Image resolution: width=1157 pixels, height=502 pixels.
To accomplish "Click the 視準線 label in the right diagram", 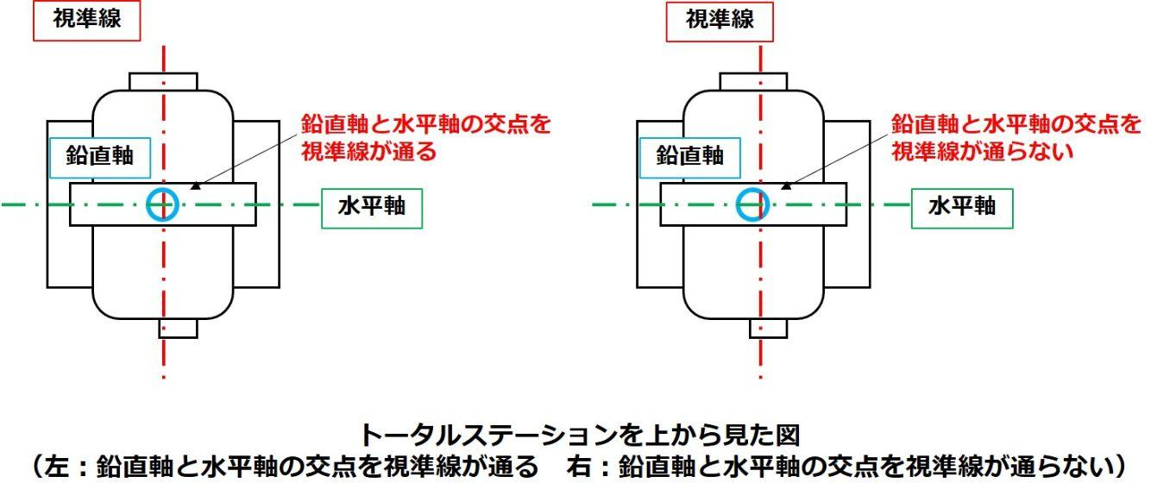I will tap(719, 21).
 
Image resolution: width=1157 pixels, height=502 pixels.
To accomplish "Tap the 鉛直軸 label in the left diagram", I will tap(100, 155).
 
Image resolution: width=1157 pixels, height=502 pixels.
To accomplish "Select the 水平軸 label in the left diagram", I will tap(371, 208).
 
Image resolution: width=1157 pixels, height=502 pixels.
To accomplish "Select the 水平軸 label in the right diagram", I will tap(961, 208).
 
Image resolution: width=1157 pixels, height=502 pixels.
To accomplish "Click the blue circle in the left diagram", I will tap(162, 204).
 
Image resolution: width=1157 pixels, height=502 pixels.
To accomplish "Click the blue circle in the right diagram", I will tap(752, 204).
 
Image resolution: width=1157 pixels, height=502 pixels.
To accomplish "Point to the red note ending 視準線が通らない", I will tap(1016, 138).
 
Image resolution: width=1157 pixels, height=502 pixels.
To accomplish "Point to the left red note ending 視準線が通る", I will tap(425, 138).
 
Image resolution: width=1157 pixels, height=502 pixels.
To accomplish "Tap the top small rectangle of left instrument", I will tap(163, 81).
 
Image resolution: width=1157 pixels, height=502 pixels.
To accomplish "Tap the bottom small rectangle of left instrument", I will tap(178, 329).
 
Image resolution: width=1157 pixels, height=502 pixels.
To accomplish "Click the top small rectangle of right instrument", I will tap(753, 81).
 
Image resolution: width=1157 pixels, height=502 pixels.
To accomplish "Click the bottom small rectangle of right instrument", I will tap(768, 329).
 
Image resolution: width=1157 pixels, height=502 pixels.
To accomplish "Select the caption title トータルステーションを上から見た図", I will tap(582, 433).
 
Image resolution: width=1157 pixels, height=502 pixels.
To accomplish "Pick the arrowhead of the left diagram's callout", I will tap(196, 184).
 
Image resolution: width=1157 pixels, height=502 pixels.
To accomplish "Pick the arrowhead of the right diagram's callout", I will tap(786, 184).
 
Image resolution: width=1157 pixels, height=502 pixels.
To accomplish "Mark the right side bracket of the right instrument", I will tap(858, 204).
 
